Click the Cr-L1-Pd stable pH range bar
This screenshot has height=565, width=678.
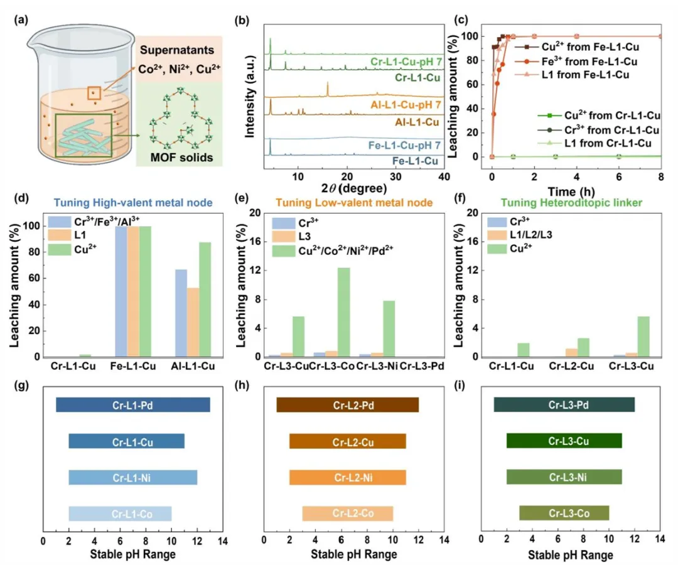pos(132,406)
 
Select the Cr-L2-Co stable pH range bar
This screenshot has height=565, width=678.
pos(348,514)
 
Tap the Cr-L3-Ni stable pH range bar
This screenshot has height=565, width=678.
pos(564,478)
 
